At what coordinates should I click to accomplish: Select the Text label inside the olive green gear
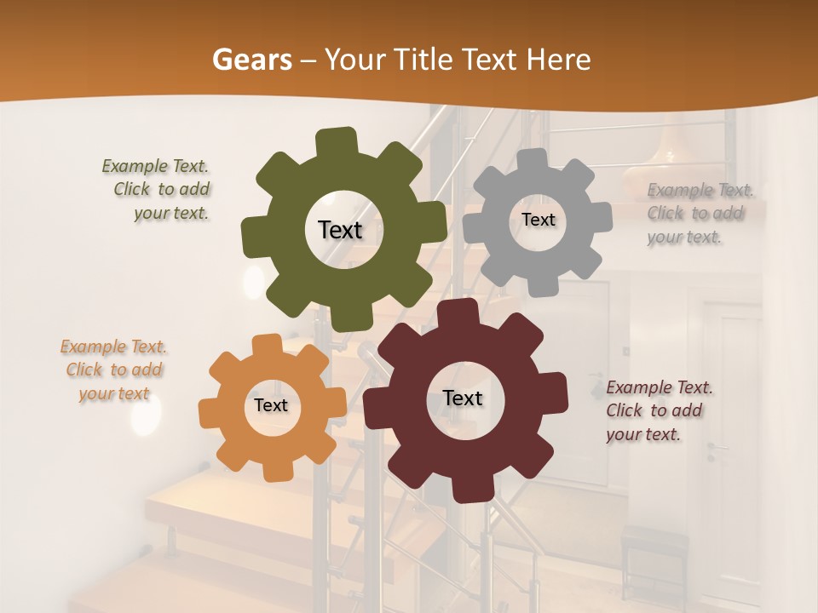[340, 230]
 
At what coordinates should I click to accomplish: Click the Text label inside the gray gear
[538, 220]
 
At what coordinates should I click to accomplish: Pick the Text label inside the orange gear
[271, 406]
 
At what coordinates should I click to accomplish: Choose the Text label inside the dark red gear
[463, 398]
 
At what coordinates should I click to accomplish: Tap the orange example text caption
[113, 370]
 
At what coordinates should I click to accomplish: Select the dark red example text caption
[658, 410]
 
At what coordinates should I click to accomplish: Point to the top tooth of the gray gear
[533, 160]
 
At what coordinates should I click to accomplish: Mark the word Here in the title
[559, 60]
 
